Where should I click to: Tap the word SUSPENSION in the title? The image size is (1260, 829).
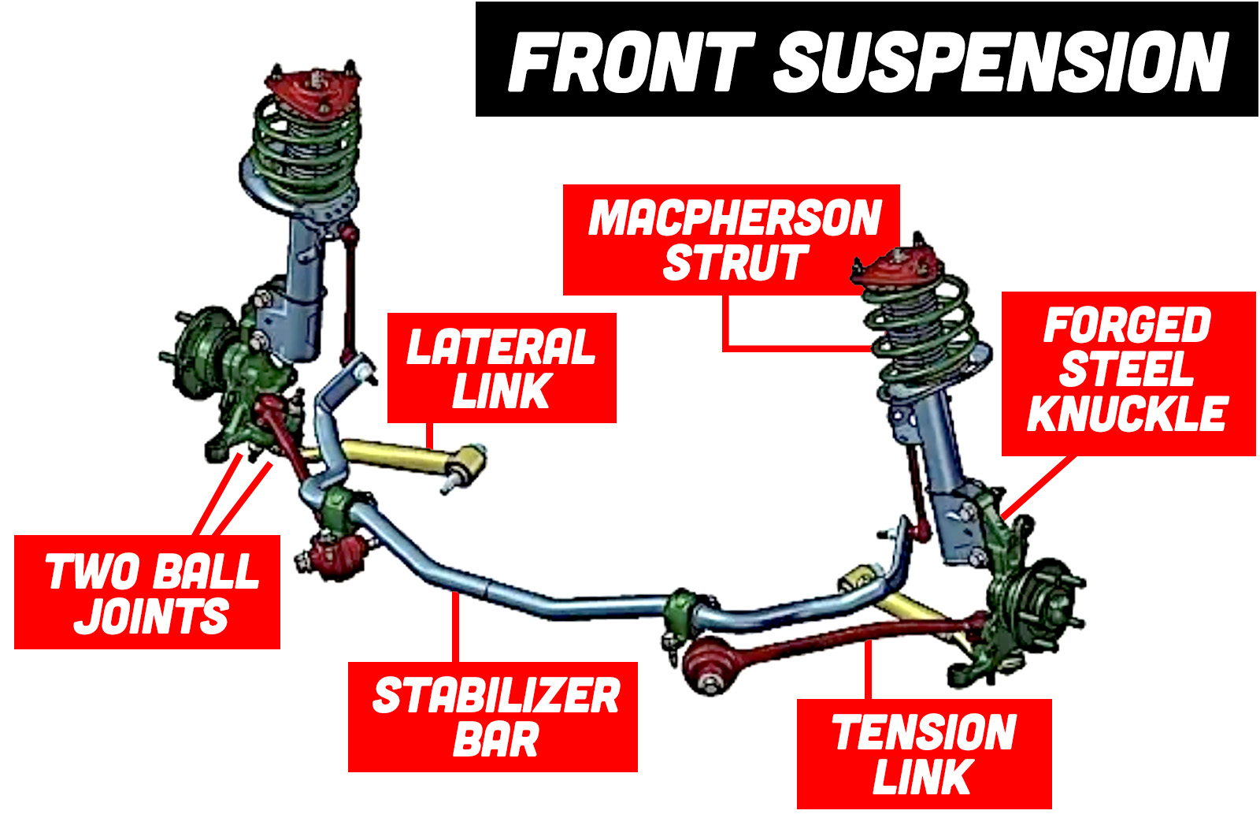pos(1002,61)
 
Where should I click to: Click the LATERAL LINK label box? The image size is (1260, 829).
pos(502,368)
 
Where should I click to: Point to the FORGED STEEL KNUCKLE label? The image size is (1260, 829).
pos(1128,373)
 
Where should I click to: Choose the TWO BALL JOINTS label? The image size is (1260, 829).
pos(147,593)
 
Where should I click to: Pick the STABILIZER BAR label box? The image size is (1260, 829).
pos(493,717)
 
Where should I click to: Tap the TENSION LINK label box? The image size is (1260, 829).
pos(924,754)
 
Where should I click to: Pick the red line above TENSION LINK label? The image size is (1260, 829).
pos(869,670)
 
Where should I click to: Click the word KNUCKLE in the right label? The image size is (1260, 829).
pos(1128,415)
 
